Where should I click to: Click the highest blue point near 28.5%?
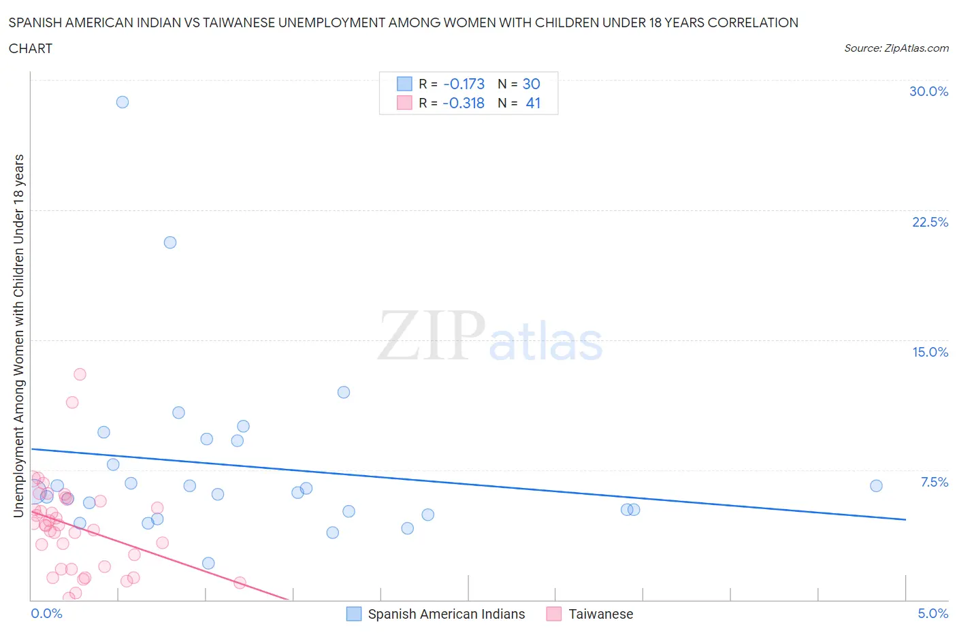(x=123, y=102)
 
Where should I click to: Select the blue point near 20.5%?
(x=170, y=242)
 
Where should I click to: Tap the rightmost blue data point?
(x=876, y=486)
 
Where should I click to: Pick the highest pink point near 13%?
(x=80, y=374)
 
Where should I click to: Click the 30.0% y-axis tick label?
(x=928, y=91)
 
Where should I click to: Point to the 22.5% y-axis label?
(x=930, y=222)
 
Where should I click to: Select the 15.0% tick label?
(x=930, y=352)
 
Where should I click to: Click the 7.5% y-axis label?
(x=934, y=482)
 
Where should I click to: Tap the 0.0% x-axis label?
(x=46, y=613)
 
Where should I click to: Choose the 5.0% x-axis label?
(x=932, y=613)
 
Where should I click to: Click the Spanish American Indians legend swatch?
(x=354, y=614)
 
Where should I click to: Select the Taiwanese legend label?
(x=600, y=614)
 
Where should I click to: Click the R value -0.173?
(x=464, y=84)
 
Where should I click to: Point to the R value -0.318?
(x=464, y=103)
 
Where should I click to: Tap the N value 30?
(x=531, y=84)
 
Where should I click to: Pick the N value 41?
(x=533, y=103)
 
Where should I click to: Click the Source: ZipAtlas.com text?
(x=896, y=48)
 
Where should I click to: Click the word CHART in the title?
(x=31, y=48)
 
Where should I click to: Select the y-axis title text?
(x=18, y=336)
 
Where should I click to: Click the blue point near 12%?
(x=344, y=392)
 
